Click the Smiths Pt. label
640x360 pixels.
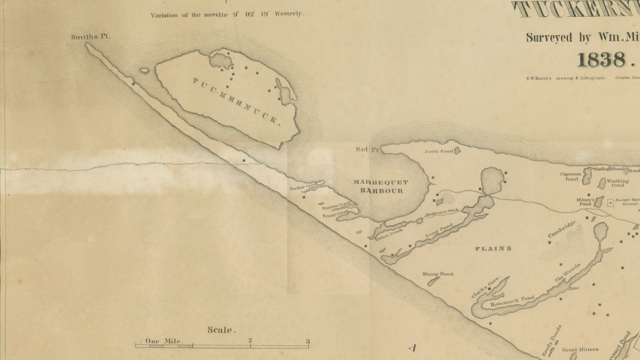(90, 37)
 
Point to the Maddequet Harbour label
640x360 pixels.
(380, 187)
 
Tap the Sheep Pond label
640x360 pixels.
(437, 274)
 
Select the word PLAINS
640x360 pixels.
(493, 249)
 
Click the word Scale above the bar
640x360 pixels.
(221, 330)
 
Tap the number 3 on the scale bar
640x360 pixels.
(308, 342)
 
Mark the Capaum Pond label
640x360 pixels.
(571, 177)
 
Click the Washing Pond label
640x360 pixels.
(617, 183)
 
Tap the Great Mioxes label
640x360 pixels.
(580, 350)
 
